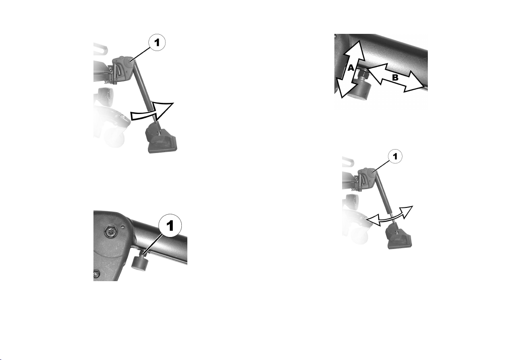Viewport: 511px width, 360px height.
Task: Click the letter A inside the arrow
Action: point(351,68)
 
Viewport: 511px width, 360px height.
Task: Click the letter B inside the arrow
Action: point(395,78)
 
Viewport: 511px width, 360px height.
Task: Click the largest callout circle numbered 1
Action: point(170,225)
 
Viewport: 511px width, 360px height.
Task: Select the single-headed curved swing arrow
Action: point(152,112)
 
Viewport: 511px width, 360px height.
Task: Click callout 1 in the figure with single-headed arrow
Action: point(157,43)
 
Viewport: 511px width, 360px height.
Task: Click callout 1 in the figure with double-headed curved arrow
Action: point(395,157)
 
